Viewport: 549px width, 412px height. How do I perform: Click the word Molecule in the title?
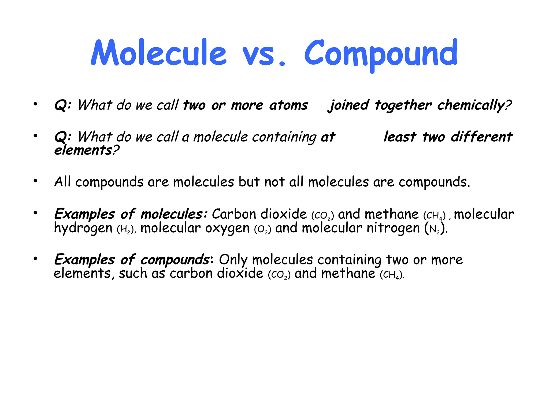159,53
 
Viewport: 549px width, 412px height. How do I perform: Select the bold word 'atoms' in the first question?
289,105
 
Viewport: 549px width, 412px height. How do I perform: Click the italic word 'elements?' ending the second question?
87,150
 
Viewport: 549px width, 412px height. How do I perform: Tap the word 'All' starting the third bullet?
62,182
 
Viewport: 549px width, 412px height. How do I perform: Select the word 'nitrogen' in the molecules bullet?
393,228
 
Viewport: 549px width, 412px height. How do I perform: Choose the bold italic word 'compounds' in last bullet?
175,260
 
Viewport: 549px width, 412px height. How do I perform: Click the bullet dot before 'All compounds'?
35,181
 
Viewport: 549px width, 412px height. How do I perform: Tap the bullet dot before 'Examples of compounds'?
35,259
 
